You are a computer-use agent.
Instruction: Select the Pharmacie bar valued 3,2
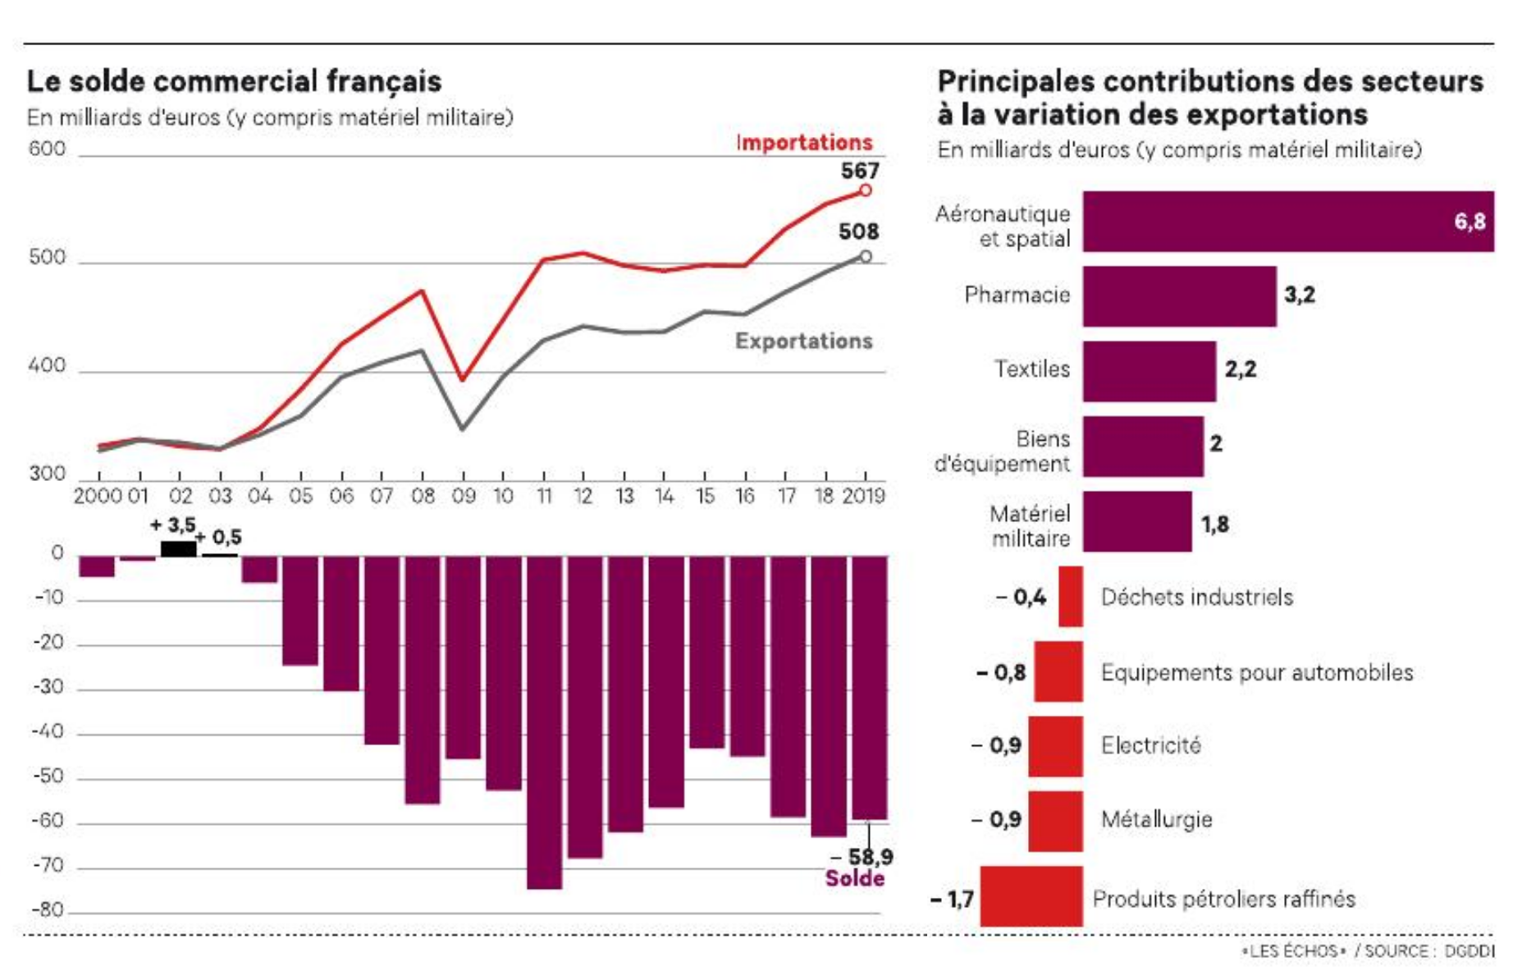1179,295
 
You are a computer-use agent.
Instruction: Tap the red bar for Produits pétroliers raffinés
1031,896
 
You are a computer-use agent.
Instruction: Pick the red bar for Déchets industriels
1070,597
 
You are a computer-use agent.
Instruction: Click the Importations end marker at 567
865,190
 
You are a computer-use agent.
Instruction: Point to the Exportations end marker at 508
865,257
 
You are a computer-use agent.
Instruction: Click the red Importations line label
804,143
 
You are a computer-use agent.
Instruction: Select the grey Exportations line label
803,341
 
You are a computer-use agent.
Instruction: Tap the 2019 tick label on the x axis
864,497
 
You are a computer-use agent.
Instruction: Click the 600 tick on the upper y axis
47,149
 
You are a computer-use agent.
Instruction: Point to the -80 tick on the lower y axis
48,909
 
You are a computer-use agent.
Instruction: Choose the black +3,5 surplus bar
178,549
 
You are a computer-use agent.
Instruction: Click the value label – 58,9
862,857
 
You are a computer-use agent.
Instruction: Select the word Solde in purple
854,879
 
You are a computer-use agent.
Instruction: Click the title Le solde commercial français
234,81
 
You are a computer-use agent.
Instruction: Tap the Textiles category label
1031,369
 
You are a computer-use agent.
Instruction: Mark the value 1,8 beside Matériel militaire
1214,524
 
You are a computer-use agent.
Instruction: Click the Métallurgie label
1156,819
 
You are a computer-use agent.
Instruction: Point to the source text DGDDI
1469,951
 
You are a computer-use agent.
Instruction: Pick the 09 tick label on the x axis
463,497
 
